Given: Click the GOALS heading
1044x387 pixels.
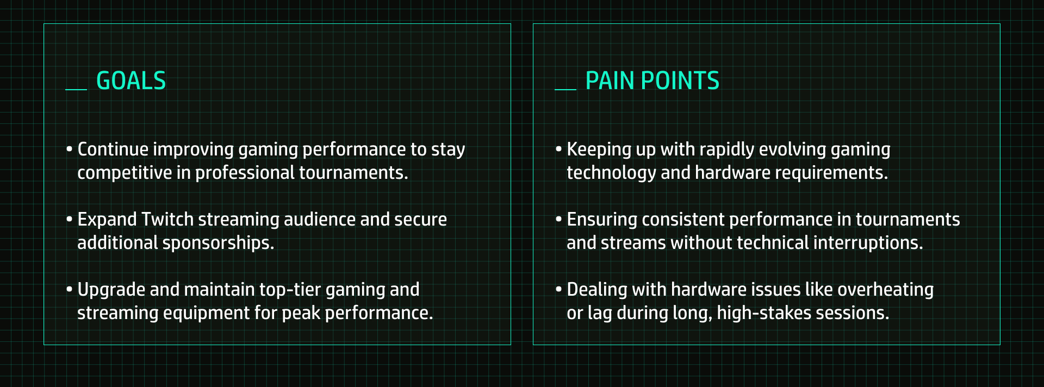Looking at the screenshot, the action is pos(131,81).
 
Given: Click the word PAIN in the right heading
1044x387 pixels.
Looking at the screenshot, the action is pos(610,81).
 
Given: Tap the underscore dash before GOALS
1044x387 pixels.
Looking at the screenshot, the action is pos(76,89).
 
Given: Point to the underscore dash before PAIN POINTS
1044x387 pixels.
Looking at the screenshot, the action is pos(565,89).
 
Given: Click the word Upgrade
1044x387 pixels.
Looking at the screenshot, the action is pos(111,290).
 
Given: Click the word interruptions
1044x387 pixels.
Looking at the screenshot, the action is pos(868,243).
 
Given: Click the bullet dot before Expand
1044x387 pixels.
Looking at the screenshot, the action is pos(69,220).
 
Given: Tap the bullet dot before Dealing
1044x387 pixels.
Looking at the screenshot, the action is pos(558,290).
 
